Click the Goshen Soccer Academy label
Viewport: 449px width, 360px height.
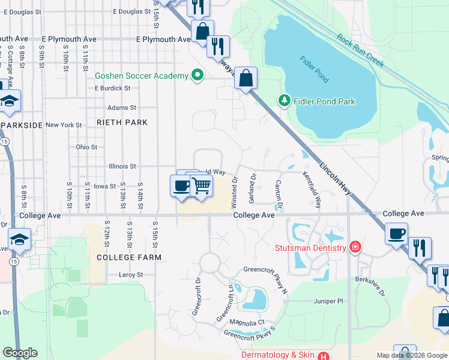[142, 76]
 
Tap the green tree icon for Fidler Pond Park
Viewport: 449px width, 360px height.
[285, 101]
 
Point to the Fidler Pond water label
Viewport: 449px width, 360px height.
[313, 69]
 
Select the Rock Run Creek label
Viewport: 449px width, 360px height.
[360, 49]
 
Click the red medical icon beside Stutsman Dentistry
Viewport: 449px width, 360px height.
[355, 247]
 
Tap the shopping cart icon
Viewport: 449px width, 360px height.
[202, 186]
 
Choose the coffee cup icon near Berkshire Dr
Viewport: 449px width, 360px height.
[396, 233]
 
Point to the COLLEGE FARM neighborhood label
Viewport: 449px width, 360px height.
[129, 257]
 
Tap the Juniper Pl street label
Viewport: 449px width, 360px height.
[328, 301]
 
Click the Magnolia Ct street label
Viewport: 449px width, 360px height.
[247, 322]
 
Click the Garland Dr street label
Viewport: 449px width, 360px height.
[253, 186]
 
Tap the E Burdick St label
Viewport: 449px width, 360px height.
[112, 88]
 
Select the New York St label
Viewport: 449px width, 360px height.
[64, 125]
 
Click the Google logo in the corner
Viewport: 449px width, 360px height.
[20, 353]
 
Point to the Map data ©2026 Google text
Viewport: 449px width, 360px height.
[412, 355]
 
